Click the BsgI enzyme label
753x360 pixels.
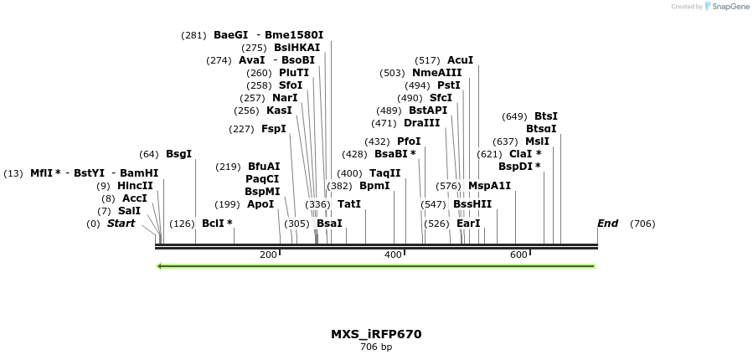pos(178,154)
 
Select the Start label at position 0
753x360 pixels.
pos(121,224)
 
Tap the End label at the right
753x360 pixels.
pos(607,224)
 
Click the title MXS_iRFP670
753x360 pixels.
pos(376,334)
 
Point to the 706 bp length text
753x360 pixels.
pos(376,347)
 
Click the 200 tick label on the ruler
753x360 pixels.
pos(268,255)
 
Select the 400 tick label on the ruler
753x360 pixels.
pos(394,255)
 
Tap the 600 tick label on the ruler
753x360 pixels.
pos(518,255)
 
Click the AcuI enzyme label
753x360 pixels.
pos(460,60)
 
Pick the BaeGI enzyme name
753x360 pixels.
pos(230,35)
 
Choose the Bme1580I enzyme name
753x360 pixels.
pos(294,35)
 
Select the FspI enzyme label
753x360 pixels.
pos(274,129)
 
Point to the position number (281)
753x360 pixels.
pos(193,35)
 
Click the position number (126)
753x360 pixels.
pos(182,224)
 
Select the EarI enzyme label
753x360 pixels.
pos(468,224)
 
